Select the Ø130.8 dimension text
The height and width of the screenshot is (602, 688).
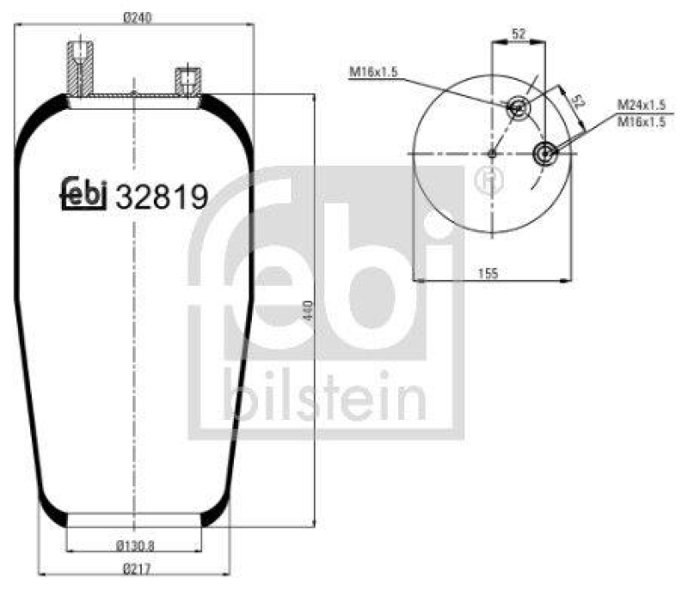pyautogui.click(x=134, y=544)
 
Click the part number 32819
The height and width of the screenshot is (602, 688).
pyautogui.click(x=162, y=198)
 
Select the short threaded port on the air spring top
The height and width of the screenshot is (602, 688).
pyautogui.click(x=187, y=82)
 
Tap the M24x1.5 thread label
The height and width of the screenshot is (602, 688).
pyautogui.click(x=642, y=104)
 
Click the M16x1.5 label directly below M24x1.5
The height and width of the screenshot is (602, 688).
pyautogui.click(x=642, y=122)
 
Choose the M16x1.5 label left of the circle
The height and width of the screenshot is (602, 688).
pyautogui.click(x=374, y=73)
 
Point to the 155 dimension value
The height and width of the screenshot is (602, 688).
pyautogui.click(x=488, y=272)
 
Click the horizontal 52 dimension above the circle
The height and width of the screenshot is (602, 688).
pyautogui.click(x=519, y=33)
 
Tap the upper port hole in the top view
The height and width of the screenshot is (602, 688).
pyautogui.click(x=518, y=108)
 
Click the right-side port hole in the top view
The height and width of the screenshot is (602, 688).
pyautogui.click(x=544, y=154)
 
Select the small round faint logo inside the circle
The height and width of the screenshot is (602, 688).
pyautogui.click(x=488, y=179)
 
